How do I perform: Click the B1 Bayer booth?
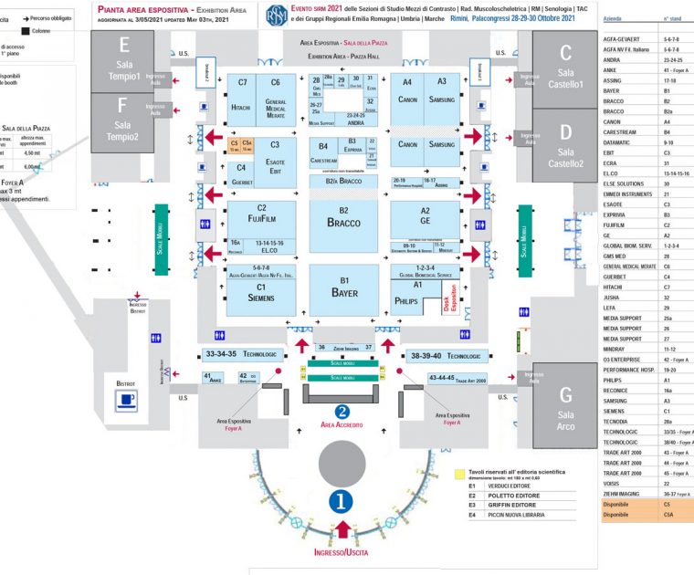(344, 287)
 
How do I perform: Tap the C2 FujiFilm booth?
(261, 214)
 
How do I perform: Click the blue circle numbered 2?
(342, 412)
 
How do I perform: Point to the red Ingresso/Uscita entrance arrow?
(342, 529)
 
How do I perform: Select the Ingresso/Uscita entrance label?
(342, 553)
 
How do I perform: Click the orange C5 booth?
(235, 144)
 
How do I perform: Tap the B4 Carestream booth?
(323, 152)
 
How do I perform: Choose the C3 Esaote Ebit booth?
(275, 156)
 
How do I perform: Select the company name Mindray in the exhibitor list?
(615, 348)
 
